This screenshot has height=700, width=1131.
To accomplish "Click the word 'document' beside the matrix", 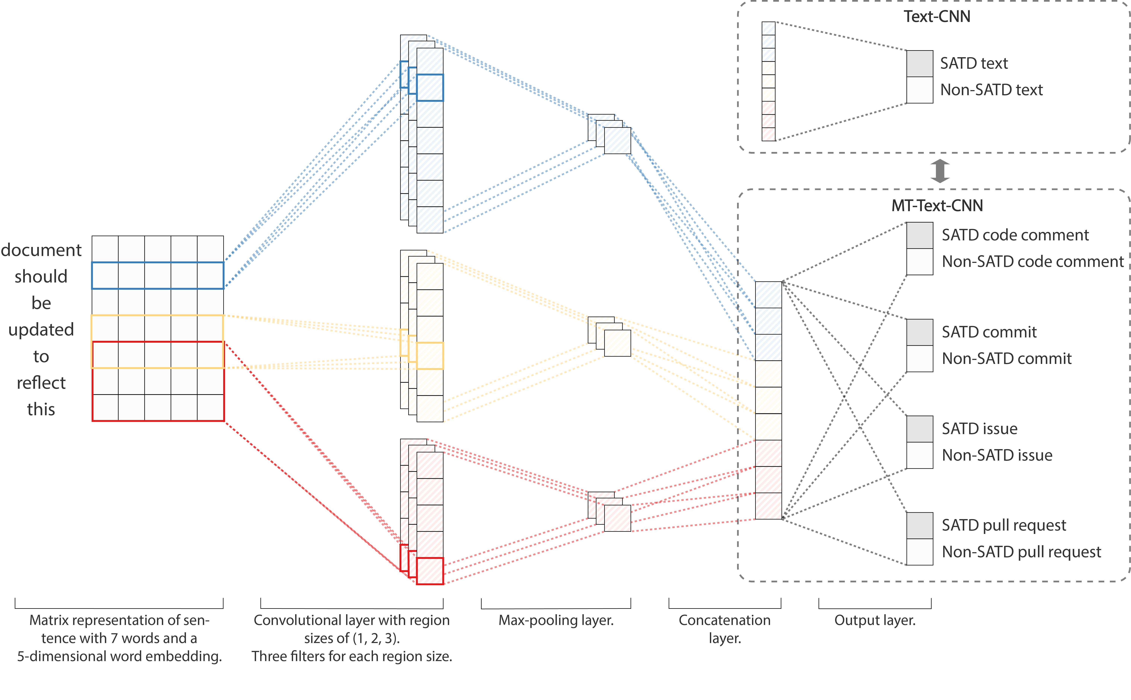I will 41,250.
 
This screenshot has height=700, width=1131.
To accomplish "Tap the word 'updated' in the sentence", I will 41,330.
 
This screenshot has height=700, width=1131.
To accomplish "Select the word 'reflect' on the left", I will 41,383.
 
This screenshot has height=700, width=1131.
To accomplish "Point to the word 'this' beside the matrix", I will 41,409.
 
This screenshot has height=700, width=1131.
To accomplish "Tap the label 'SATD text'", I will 974,63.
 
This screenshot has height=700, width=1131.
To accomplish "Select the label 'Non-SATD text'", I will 991,90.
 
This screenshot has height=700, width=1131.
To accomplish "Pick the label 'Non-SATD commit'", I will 1007,358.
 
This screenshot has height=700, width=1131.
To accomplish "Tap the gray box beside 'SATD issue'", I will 919,429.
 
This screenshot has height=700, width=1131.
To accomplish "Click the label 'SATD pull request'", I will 1004,525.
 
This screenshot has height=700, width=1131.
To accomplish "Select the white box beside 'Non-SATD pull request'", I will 919,552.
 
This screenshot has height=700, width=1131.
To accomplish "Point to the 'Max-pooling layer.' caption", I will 556,620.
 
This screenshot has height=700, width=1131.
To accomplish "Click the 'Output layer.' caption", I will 875,620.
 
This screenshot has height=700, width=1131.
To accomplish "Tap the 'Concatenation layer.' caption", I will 725,629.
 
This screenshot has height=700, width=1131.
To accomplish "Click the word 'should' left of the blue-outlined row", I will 41,276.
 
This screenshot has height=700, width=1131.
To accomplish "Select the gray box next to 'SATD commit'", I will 919,332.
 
